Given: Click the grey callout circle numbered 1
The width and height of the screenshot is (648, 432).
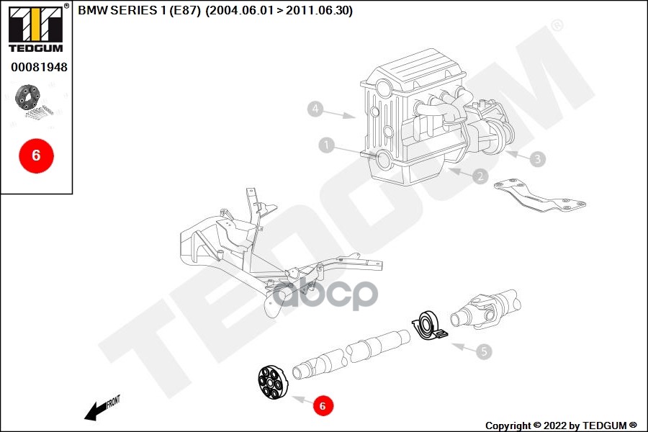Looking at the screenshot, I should click(327, 145).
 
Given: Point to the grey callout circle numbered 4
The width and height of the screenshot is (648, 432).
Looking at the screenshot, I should click(315, 109).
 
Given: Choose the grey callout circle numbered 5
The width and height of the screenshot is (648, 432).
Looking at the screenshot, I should click(485, 351).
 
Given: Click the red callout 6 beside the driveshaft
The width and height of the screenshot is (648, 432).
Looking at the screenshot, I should click(323, 406).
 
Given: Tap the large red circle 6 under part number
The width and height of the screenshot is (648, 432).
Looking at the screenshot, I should click(36, 155).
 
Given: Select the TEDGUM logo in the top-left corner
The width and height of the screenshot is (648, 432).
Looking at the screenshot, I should click(35, 28).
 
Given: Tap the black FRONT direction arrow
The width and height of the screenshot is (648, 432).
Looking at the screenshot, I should click(94, 411).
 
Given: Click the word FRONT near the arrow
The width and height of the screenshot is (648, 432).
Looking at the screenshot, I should click(113, 401).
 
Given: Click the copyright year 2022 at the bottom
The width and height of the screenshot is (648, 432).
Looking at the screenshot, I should click(557, 426).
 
